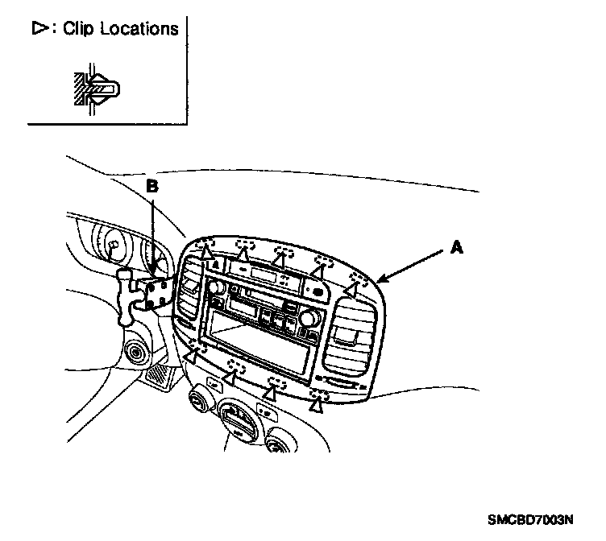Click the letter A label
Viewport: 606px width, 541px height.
(x=456, y=250)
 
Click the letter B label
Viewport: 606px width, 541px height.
(x=151, y=186)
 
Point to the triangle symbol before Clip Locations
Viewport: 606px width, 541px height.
(x=39, y=29)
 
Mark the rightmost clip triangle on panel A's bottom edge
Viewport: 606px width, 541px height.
(x=318, y=406)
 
